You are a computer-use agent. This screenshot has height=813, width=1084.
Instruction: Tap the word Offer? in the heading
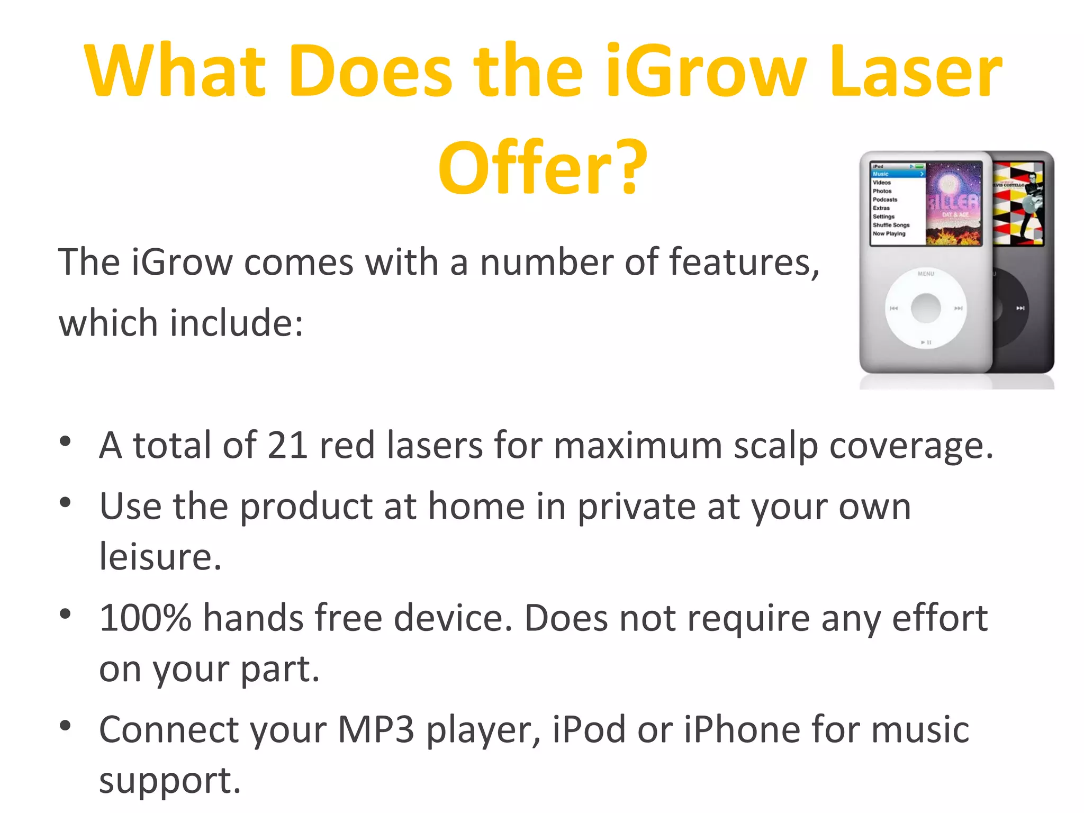pyautogui.click(x=543, y=168)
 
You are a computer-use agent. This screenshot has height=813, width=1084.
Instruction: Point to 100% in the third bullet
pyautogui.click(x=145, y=618)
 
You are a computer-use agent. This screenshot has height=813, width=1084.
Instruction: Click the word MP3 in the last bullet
pyautogui.click(x=376, y=729)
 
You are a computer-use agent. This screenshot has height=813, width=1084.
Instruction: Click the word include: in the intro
pyautogui.click(x=236, y=323)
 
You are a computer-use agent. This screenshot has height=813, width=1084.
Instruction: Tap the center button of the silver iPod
pyautogui.click(x=926, y=308)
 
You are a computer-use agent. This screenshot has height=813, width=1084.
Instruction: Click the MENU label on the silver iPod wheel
pyautogui.click(x=926, y=274)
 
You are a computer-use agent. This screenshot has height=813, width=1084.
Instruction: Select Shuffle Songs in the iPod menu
pyautogui.click(x=891, y=225)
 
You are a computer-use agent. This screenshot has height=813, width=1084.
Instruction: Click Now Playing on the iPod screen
pyautogui.click(x=889, y=233)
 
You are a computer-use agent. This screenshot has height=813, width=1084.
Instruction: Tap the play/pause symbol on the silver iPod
pyautogui.click(x=926, y=343)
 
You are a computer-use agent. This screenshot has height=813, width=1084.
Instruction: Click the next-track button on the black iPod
pyautogui.click(x=1020, y=308)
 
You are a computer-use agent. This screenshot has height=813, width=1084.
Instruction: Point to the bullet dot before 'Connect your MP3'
pyautogui.click(x=65, y=726)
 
